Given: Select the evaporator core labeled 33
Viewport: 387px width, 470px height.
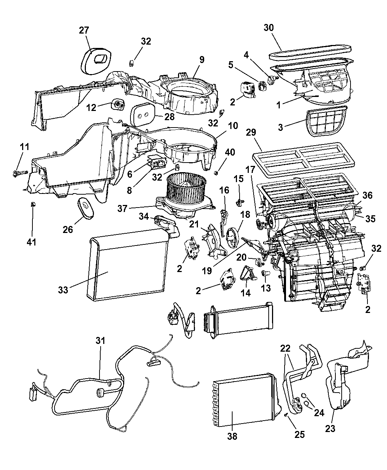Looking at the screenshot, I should pyautogui.click(x=129, y=269).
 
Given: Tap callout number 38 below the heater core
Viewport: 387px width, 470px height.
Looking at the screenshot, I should pyautogui.click(x=232, y=436).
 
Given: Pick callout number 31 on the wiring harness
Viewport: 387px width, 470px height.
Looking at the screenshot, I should pyautogui.click(x=100, y=341).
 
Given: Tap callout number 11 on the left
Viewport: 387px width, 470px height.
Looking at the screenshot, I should pyautogui.click(x=24, y=147).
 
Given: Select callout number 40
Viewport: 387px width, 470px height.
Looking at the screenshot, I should pyautogui.click(x=230, y=152).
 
